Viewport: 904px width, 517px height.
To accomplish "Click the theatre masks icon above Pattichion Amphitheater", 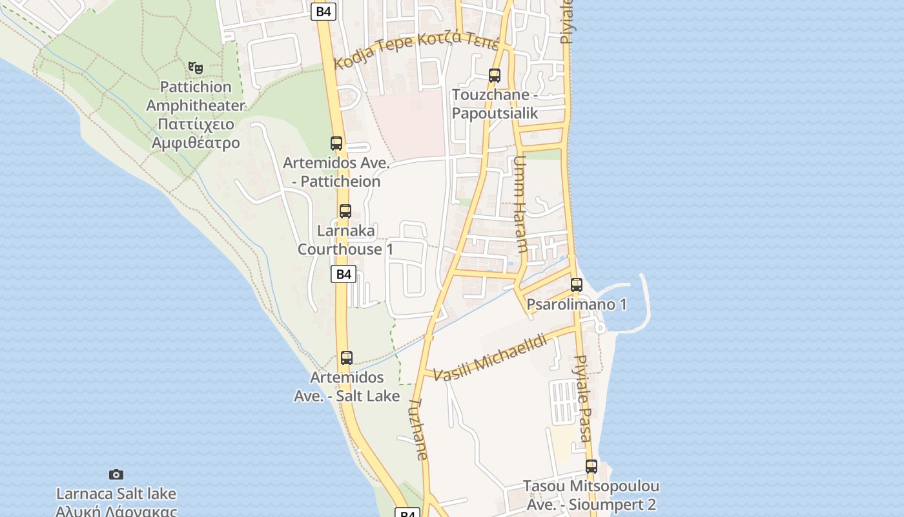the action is pyautogui.click(x=196, y=67).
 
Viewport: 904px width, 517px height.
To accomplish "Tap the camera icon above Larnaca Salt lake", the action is pyautogui.click(x=116, y=474).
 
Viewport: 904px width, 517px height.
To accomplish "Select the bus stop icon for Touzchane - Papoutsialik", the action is pyautogui.click(x=495, y=76).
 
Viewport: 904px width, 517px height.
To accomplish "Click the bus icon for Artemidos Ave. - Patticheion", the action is pyautogui.click(x=336, y=143).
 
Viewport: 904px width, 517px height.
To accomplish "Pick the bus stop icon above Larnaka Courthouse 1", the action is pyautogui.click(x=345, y=211).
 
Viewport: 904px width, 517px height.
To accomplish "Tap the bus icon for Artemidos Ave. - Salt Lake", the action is pyautogui.click(x=347, y=357).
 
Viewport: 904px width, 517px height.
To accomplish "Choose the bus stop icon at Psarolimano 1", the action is pyautogui.click(x=577, y=284).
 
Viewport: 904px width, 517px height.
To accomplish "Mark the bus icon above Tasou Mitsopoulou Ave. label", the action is pyautogui.click(x=591, y=466).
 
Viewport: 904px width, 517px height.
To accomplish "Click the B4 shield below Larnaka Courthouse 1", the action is pyautogui.click(x=344, y=274).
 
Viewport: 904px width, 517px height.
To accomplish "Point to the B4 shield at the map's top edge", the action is pyautogui.click(x=324, y=11).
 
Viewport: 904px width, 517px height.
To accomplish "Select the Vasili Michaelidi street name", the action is pyautogui.click(x=490, y=357).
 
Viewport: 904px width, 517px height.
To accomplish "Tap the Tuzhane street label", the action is pyautogui.click(x=418, y=428).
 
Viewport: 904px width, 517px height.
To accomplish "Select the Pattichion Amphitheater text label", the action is pyautogui.click(x=196, y=114).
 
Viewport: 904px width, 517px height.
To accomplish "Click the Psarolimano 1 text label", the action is pyautogui.click(x=577, y=304).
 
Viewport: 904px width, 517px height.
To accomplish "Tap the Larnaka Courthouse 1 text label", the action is pyautogui.click(x=345, y=240).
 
